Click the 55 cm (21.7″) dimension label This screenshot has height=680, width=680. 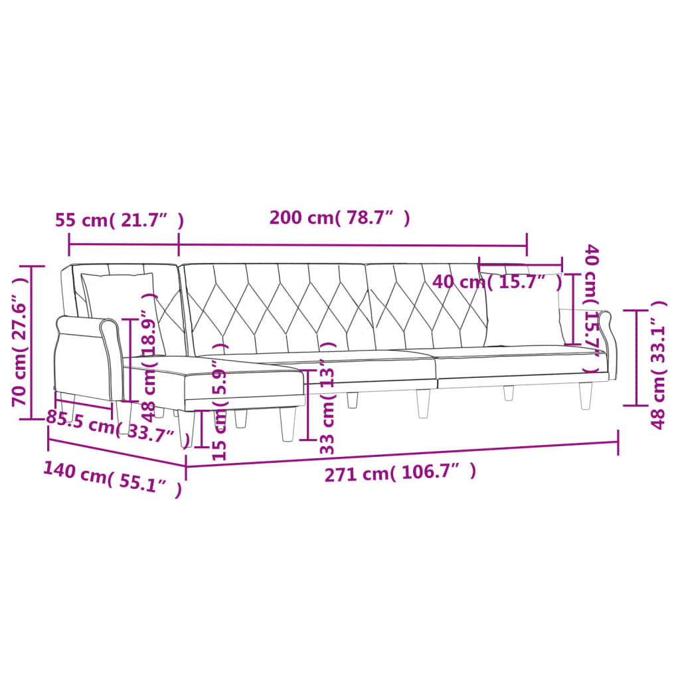coord(119,220)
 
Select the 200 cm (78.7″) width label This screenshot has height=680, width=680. coord(339,218)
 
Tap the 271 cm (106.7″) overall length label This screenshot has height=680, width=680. coord(400,473)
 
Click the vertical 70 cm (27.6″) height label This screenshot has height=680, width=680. coord(20,343)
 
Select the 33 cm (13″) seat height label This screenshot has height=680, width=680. coord(326,398)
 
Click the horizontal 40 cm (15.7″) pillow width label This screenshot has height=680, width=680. coord(497,282)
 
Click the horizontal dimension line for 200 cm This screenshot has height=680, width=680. coord(352,244)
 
